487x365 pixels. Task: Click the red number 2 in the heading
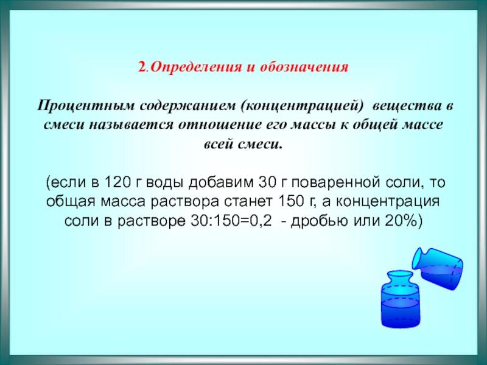(x=142, y=67)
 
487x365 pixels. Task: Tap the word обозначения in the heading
(x=304, y=67)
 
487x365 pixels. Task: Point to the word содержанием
(x=187, y=106)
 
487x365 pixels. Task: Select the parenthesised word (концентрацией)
(x=301, y=106)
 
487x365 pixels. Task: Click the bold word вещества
(x=407, y=106)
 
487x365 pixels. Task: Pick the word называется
(x=131, y=125)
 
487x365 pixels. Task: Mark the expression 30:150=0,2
(x=231, y=221)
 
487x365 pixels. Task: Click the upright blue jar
(x=400, y=299)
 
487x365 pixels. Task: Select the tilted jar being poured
(x=438, y=268)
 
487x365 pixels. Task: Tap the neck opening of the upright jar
(x=400, y=274)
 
